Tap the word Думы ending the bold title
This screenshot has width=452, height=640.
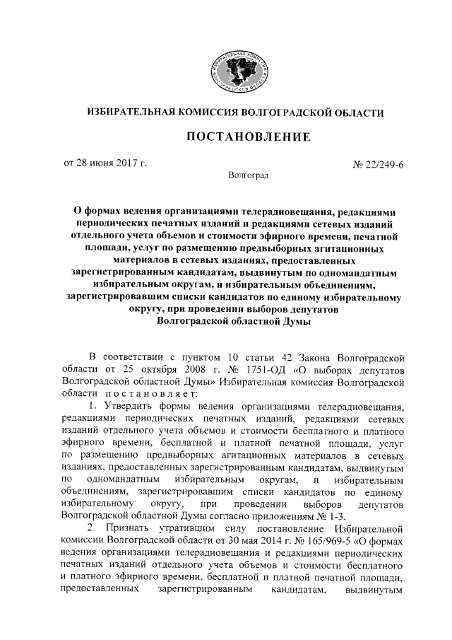297,320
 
